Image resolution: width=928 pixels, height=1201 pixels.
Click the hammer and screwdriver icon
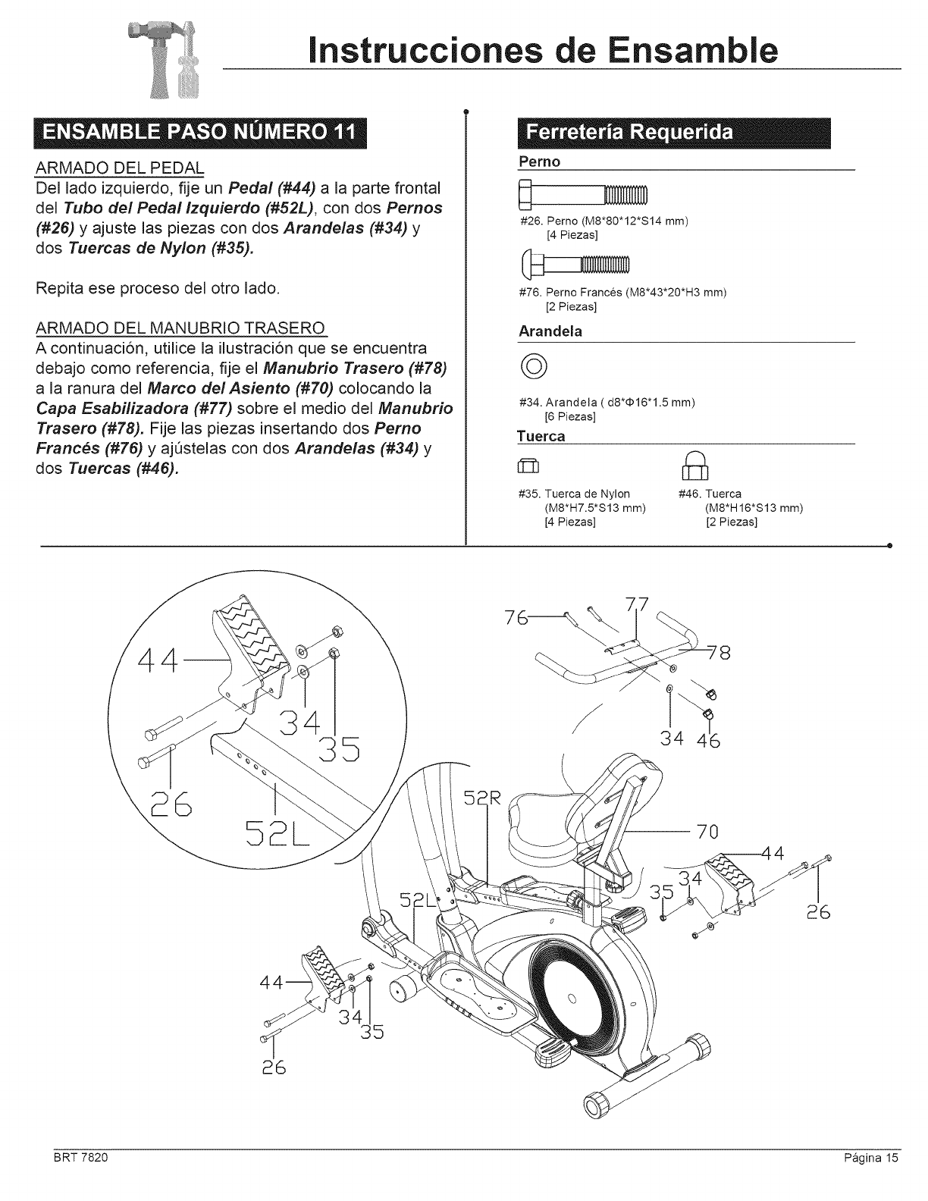[x=174, y=66]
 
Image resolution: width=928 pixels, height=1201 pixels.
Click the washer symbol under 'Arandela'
[x=528, y=370]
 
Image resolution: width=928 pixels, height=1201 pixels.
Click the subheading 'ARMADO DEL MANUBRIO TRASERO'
[x=180, y=328]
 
